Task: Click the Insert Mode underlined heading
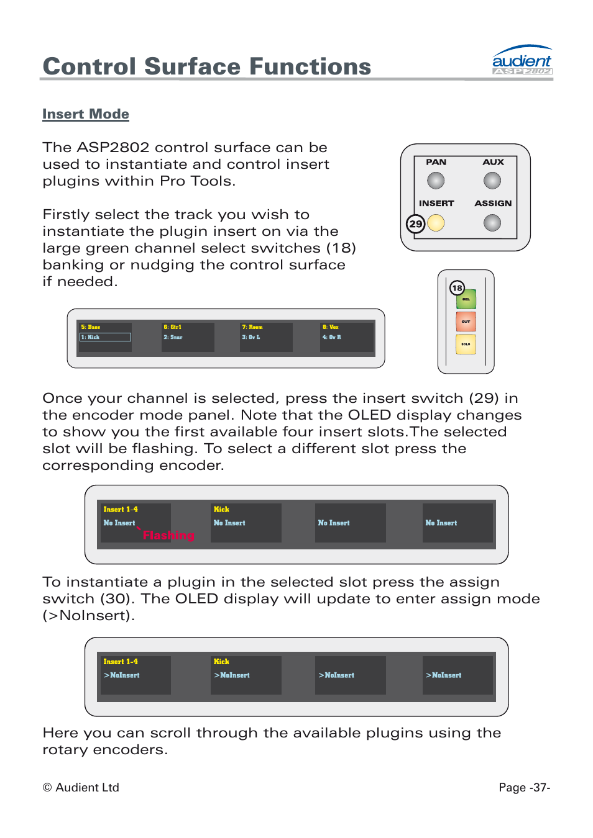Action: (86, 114)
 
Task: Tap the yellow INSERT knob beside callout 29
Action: (436, 223)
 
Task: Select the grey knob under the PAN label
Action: (436, 181)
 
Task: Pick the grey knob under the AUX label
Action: (492, 181)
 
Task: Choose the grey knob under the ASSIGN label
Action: (492, 223)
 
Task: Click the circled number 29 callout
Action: (416, 223)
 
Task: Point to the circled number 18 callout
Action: (457, 287)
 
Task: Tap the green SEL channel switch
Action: (466, 300)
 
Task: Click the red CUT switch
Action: (466, 322)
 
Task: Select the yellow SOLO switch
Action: (466, 344)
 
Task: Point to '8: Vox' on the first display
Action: (331, 327)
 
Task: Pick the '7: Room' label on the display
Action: (252, 327)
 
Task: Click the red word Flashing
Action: (168, 535)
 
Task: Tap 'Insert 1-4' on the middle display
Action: (121, 509)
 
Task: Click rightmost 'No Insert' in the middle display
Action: (441, 523)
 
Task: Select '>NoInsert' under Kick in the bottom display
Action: (232, 675)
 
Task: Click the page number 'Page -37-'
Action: (524, 787)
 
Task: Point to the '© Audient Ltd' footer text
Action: (81, 787)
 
